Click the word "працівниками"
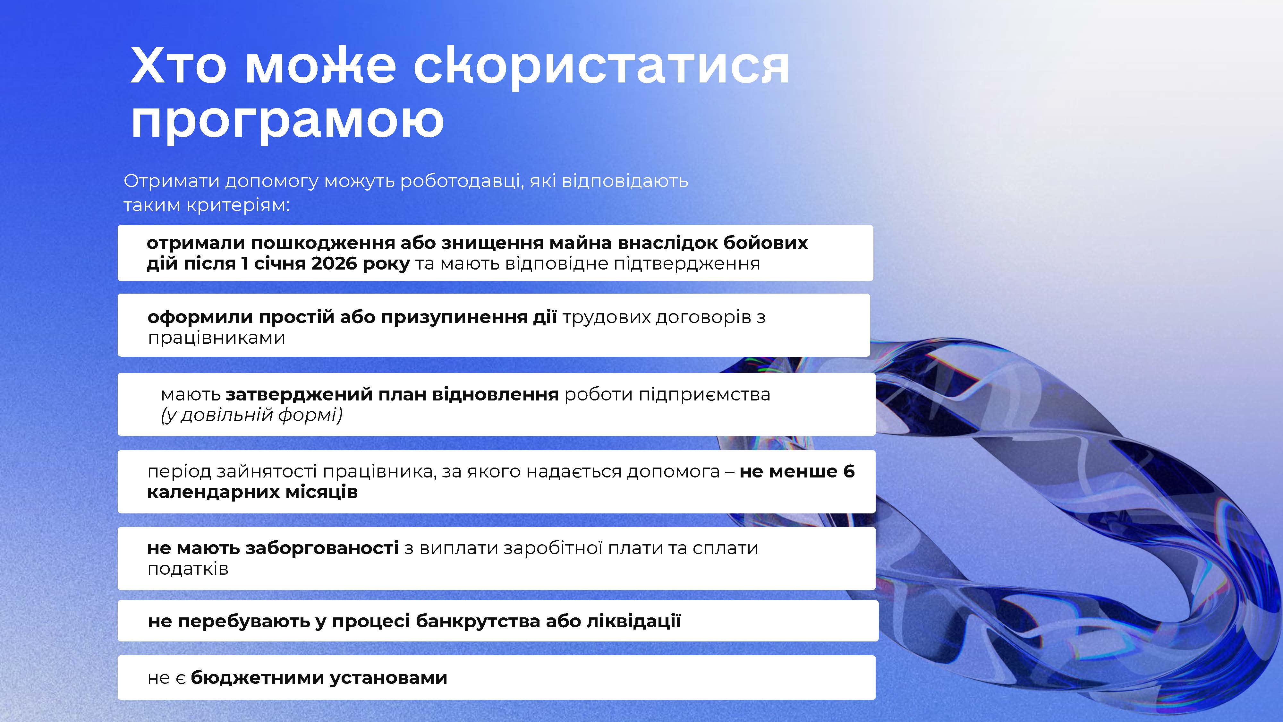coord(217,338)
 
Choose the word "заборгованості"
coord(322,548)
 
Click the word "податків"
coord(188,569)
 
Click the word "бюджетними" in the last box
coord(257,678)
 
